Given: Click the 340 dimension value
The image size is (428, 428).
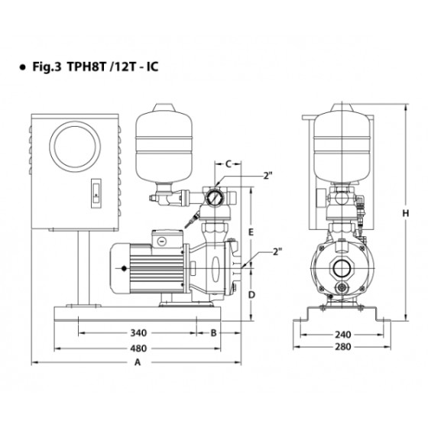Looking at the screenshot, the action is coord(138,332).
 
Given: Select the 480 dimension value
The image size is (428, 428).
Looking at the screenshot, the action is coord(138,349).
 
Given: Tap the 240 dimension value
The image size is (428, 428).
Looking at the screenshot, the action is coord(343,335).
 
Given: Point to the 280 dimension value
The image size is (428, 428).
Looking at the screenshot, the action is coord(343,347).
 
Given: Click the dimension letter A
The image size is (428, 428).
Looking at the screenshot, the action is coord(138,362).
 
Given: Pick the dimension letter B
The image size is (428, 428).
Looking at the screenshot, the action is coord(213,332).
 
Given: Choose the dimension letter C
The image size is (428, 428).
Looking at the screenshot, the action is coord(229,164).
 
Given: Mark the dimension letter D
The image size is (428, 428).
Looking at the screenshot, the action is coord(251,295).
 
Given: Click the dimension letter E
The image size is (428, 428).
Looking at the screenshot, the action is coord(251,232).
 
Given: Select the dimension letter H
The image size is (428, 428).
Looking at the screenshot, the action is coord(406,213).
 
